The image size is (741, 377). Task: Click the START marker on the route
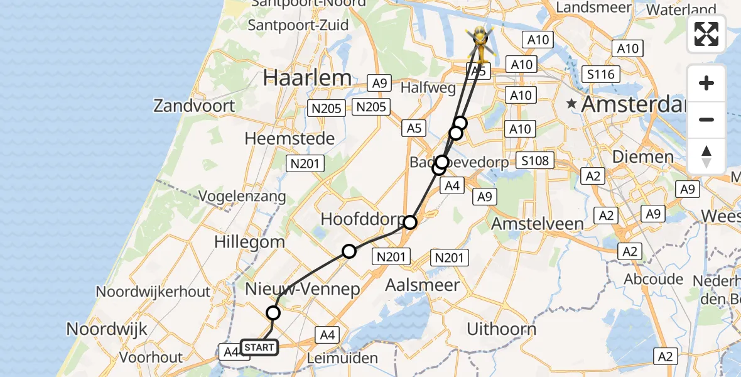[259, 347]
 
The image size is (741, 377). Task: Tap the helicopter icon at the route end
[480, 43]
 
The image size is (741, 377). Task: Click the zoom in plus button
[706, 83]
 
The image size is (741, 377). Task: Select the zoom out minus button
[706, 119]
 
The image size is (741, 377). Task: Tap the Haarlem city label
[307, 78]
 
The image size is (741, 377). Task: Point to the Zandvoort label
[194, 105]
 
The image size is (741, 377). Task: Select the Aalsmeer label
[422, 285]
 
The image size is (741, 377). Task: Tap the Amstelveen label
[537, 224]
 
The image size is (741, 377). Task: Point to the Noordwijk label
[107, 329]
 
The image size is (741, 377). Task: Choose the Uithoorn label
[502, 329]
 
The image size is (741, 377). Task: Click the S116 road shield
[599, 74]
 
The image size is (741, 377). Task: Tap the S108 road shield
[535, 161]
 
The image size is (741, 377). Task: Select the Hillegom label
[249, 242]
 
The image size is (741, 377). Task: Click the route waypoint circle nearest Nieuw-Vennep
[273, 312]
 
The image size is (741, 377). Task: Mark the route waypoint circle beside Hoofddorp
[410, 222]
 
